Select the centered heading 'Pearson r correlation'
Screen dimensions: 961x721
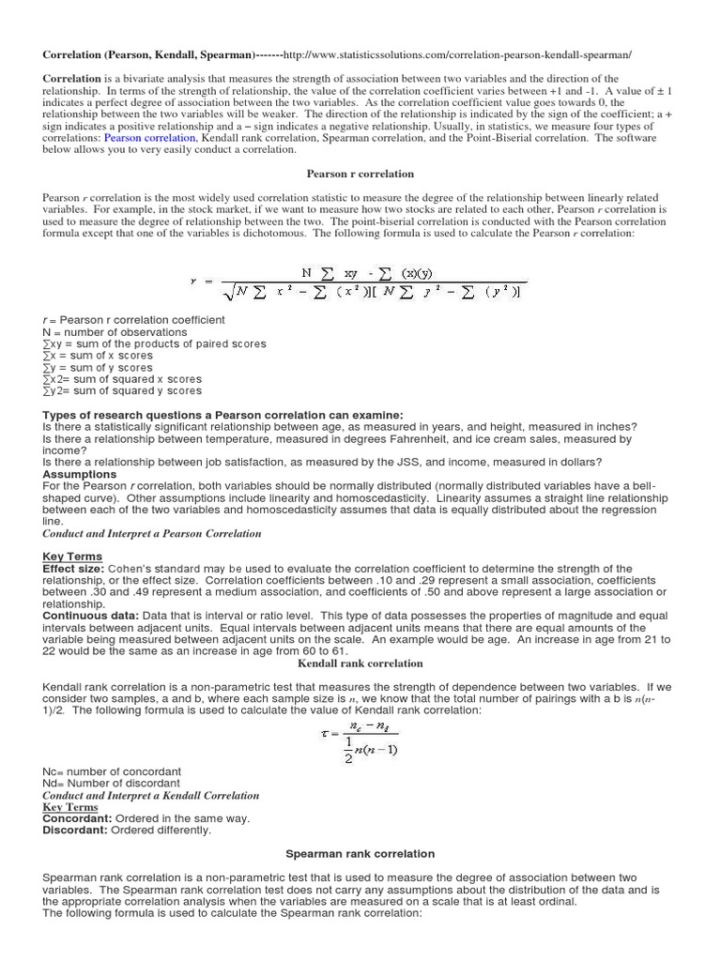[x=360, y=174]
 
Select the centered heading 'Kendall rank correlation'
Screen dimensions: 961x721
[x=360, y=664]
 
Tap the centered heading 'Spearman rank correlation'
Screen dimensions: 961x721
[x=360, y=854]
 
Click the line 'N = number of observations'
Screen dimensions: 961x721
[x=115, y=332]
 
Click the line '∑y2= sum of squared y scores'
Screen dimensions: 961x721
[x=122, y=391]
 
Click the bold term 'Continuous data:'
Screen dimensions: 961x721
[x=88, y=616]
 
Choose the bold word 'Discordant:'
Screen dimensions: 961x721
[x=75, y=831]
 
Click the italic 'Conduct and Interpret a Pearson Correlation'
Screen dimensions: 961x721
[x=152, y=533]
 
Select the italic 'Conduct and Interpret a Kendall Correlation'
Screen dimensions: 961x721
[x=151, y=796]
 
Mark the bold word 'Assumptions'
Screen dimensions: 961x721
[x=80, y=474]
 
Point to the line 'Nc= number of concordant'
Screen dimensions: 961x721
[x=112, y=771]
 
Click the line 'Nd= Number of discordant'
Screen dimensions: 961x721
[x=112, y=784]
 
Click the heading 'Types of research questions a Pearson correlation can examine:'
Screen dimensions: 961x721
[x=223, y=415]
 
